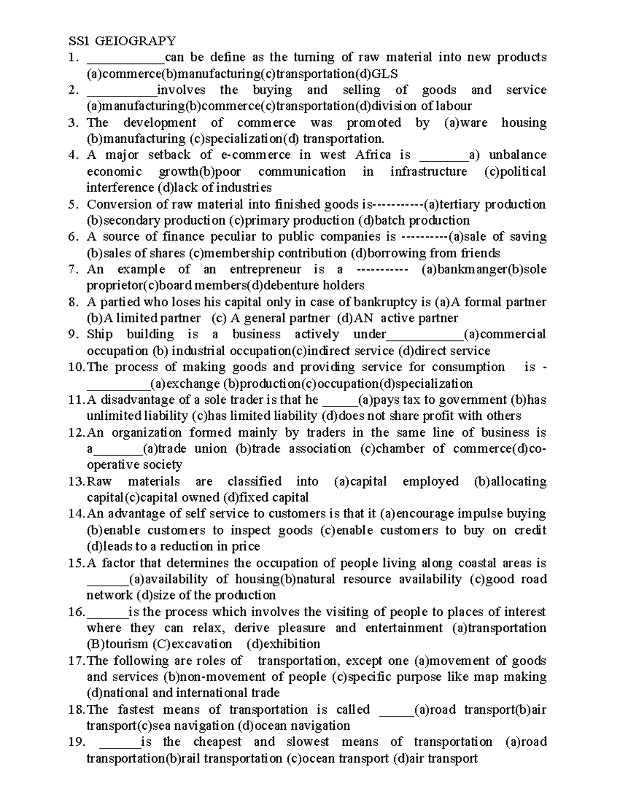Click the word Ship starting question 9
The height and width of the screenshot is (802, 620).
[x=99, y=334]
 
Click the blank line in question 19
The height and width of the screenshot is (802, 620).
[x=119, y=742]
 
